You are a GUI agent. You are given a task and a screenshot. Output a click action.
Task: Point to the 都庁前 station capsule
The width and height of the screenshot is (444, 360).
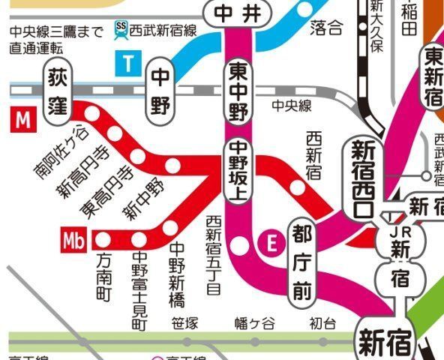302,261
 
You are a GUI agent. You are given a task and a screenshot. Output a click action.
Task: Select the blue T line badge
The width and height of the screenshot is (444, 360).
128,64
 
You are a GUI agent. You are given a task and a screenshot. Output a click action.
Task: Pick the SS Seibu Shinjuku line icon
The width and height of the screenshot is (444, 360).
121,30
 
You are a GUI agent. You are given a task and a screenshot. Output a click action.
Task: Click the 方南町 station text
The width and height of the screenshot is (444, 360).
104,277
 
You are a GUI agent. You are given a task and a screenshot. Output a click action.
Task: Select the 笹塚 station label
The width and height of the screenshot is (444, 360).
184,324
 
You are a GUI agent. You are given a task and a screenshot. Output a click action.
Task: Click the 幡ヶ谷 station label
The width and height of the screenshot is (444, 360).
255,324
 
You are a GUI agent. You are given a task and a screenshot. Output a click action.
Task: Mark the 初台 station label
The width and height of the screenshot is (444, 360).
323,324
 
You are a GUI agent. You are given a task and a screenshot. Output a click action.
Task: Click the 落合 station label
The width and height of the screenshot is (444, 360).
325,28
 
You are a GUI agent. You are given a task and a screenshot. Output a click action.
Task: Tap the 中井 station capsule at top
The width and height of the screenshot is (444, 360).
235,13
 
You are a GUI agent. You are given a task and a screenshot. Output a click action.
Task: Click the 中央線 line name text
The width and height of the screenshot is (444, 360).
292,106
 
